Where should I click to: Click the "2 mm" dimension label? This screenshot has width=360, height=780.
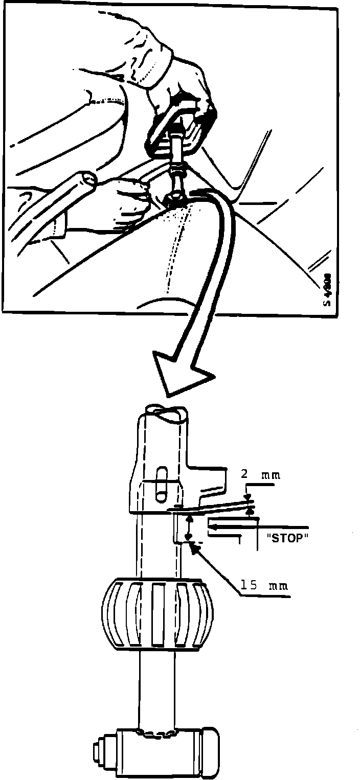coord(260,474)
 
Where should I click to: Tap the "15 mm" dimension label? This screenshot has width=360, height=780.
coord(264,585)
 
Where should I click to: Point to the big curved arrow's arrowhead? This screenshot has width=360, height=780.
coord(182,376)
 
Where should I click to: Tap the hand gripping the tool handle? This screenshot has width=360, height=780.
coord(182,95)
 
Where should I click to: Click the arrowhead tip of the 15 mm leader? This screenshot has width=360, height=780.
coord(194,548)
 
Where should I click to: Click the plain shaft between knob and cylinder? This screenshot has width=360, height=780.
coord(157,690)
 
